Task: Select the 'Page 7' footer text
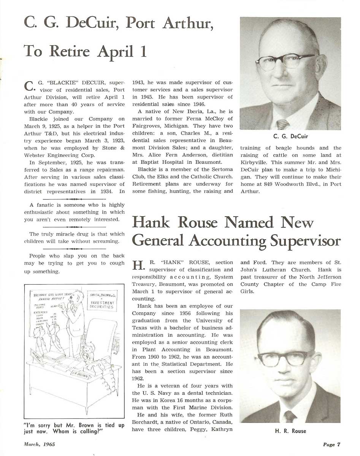tap(331, 445)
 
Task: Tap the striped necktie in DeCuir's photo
tap(282, 124)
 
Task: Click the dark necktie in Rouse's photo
tap(290, 416)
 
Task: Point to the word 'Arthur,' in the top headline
tap(186, 24)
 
